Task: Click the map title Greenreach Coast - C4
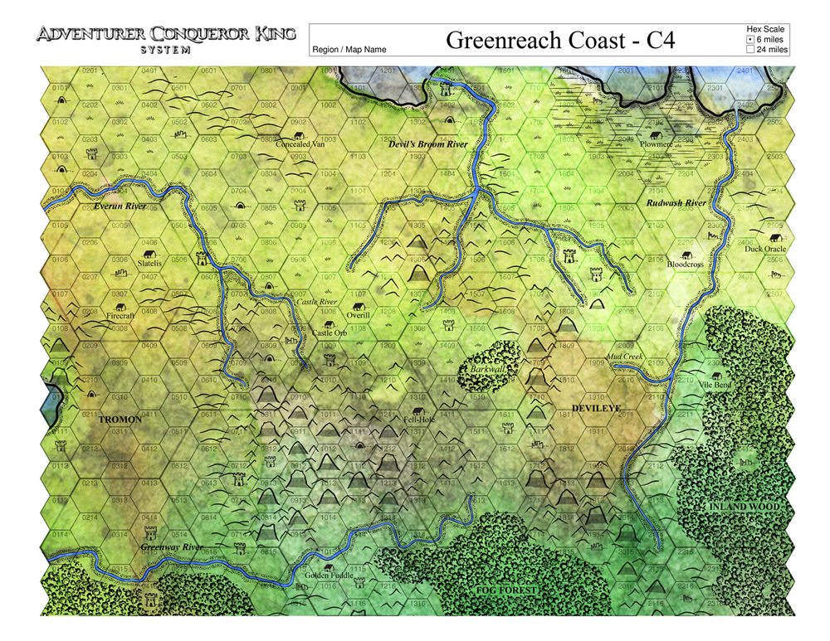(x=547, y=41)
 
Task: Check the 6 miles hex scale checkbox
(x=750, y=39)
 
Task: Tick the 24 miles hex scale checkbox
(x=750, y=50)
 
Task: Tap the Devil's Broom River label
(x=428, y=144)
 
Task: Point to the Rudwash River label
(x=676, y=202)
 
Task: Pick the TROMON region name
(x=121, y=420)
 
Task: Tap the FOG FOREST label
(x=508, y=590)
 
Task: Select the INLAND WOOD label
(x=744, y=506)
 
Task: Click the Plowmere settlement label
(x=656, y=144)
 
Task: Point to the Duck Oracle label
(x=764, y=248)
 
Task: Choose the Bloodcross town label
(x=686, y=265)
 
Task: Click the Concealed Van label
(x=300, y=143)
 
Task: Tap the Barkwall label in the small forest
(x=482, y=368)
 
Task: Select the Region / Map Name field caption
(x=349, y=50)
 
